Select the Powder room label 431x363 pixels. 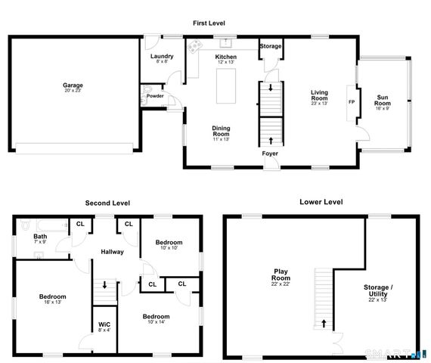pos(155,96)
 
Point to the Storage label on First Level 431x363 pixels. pos(271,46)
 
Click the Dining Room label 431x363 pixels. pos(221,131)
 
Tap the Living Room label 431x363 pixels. pos(319,96)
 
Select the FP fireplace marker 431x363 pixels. pos(351,101)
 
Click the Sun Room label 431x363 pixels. pos(383,101)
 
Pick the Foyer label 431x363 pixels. pos(269,154)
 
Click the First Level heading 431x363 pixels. pos(209,23)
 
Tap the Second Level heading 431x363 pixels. pos(107,203)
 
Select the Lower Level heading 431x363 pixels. pos(321,202)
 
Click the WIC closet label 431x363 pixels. pos(104,327)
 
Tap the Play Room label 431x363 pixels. pos(281,276)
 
